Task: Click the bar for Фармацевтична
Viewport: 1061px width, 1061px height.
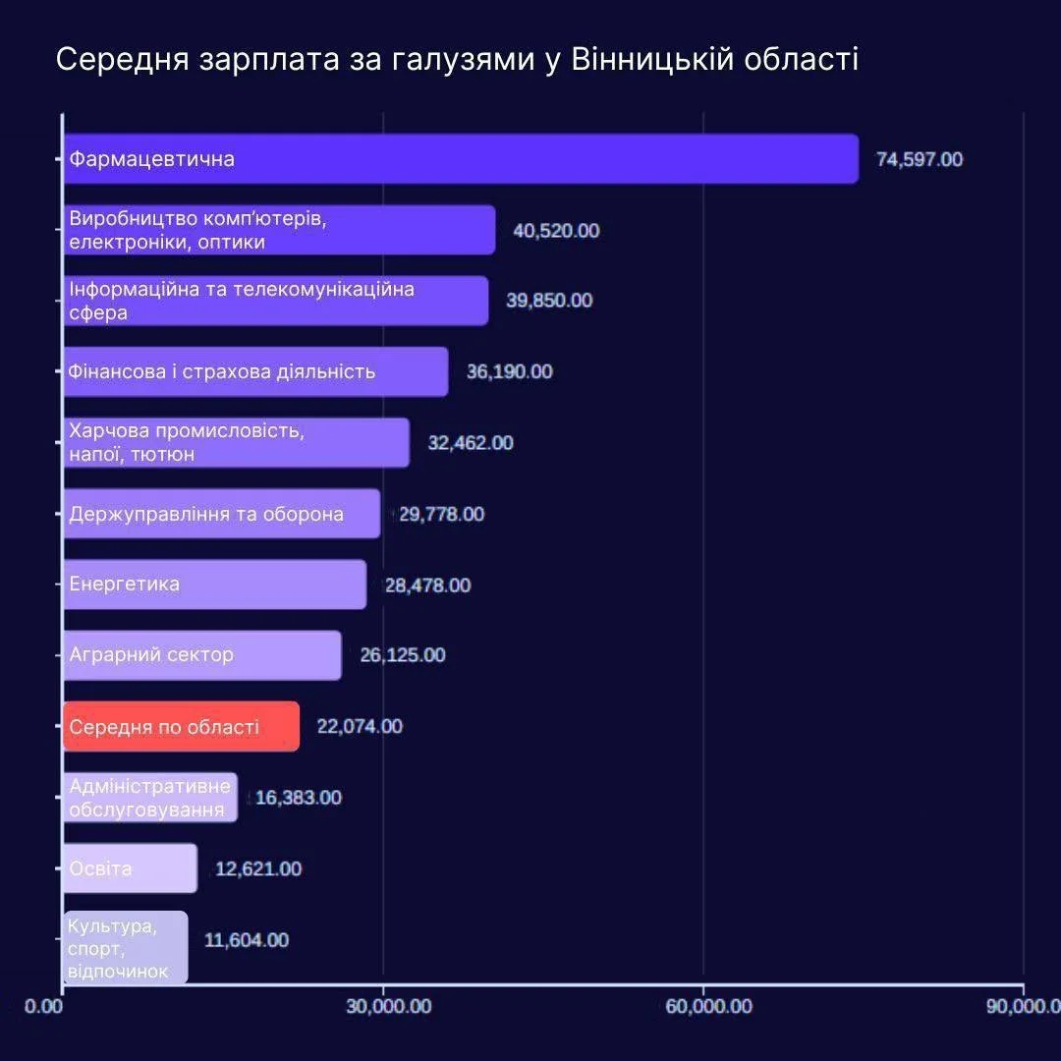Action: [x=460, y=159]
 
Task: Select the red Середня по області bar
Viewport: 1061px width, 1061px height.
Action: [x=181, y=727]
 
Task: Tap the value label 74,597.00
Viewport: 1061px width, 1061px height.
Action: [x=920, y=159]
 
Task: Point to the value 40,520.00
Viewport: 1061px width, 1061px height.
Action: [x=556, y=231]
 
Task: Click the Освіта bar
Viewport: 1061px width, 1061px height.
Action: [x=130, y=868]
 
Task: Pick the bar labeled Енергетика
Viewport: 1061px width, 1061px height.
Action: [x=214, y=585]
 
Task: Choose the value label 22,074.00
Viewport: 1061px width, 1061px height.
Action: [x=360, y=726]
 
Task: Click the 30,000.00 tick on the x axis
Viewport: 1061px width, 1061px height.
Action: [x=383, y=1006]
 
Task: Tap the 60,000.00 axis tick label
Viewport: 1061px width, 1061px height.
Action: [x=703, y=1006]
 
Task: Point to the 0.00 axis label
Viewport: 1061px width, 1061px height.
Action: [x=43, y=1006]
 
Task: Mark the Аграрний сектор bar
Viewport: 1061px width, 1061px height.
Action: [x=202, y=655]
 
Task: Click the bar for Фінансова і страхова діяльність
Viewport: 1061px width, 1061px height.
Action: [x=255, y=371]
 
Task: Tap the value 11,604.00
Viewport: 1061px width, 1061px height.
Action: [x=247, y=940]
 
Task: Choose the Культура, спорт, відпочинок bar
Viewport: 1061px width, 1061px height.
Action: [x=125, y=947]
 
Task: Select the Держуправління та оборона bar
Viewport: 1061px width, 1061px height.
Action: [x=221, y=514]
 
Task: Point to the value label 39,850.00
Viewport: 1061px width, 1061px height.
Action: [x=549, y=301]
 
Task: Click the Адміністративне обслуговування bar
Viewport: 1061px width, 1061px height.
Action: [x=150, y=798]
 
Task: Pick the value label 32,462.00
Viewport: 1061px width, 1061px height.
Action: [x=471, y=443]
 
